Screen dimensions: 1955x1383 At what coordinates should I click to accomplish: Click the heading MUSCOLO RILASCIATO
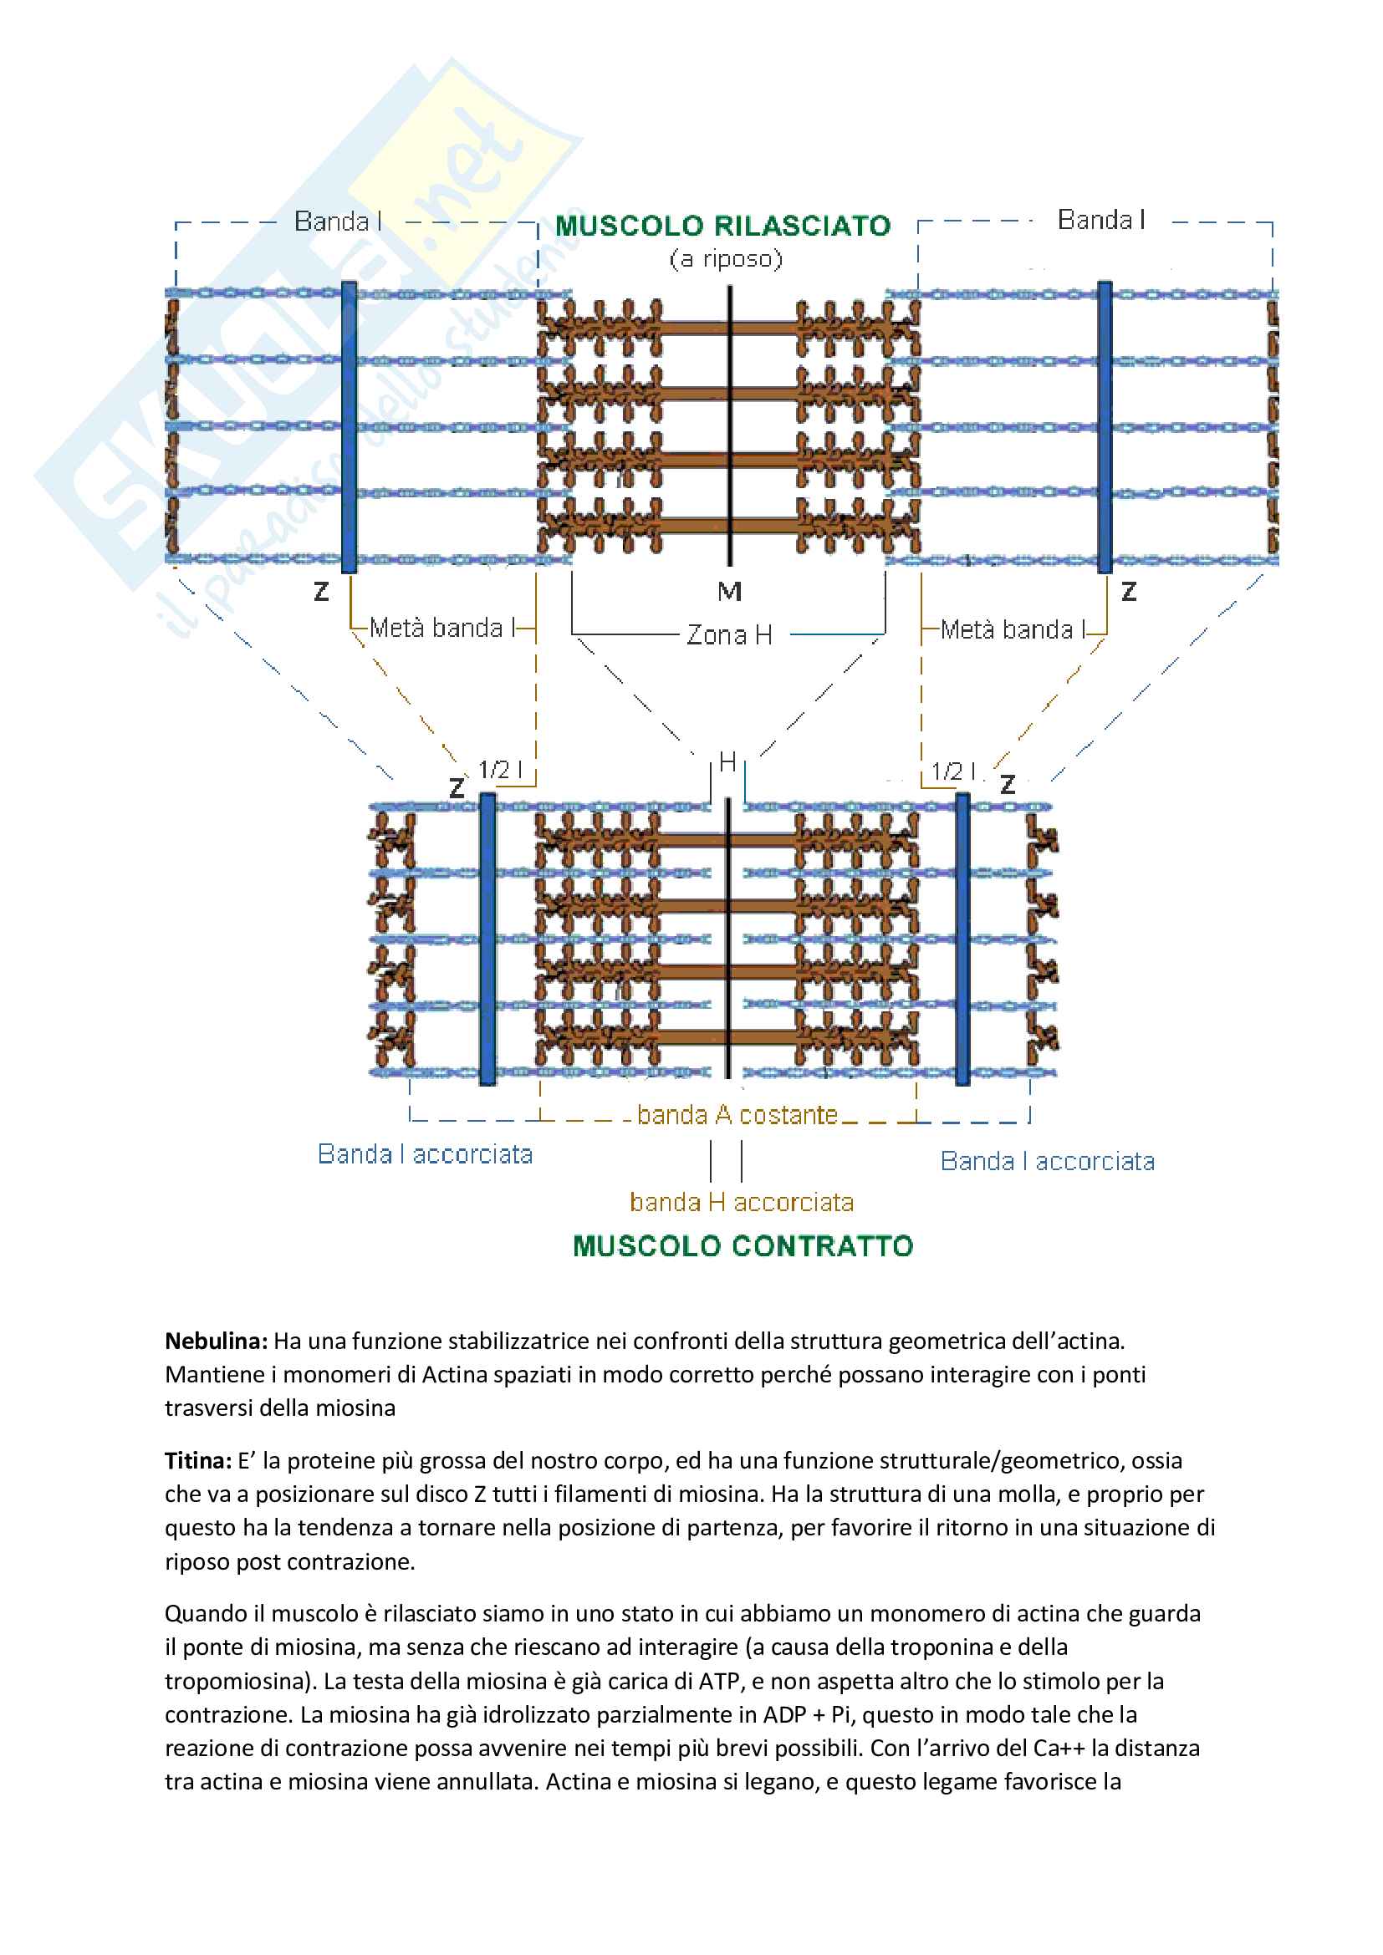[x=722, y=226]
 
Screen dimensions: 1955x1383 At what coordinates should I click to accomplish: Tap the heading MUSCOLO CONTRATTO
[x=743, y=1246]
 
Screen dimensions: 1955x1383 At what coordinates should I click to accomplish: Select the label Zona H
[x=729, y=634]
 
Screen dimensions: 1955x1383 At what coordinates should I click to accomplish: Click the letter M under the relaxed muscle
[x=729, y=591]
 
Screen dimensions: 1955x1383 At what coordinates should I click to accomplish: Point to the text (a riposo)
[x=726, y=259]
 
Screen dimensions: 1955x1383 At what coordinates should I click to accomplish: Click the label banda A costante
[x=737, y=1115]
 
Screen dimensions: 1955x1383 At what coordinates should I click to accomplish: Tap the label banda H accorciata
[x=741, y=1201]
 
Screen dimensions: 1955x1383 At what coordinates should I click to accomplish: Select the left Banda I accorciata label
[x=425, y=1153]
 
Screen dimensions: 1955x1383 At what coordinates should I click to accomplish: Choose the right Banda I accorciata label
[x=1047, y=1161]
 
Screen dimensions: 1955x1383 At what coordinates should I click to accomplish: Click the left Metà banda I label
[x=436, y=628]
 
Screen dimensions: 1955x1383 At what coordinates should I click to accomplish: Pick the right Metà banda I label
[x=1006, y=629]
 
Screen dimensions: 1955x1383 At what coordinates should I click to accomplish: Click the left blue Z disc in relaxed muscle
[x=350, y=425]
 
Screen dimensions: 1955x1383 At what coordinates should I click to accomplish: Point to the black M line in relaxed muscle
[x=730, y=425]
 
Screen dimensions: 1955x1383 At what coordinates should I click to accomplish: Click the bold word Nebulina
[x=217, y=1341]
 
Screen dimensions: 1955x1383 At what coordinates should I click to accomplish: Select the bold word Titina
[x=197, y=1460]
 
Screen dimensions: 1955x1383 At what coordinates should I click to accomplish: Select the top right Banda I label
[x=1100, y=220]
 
